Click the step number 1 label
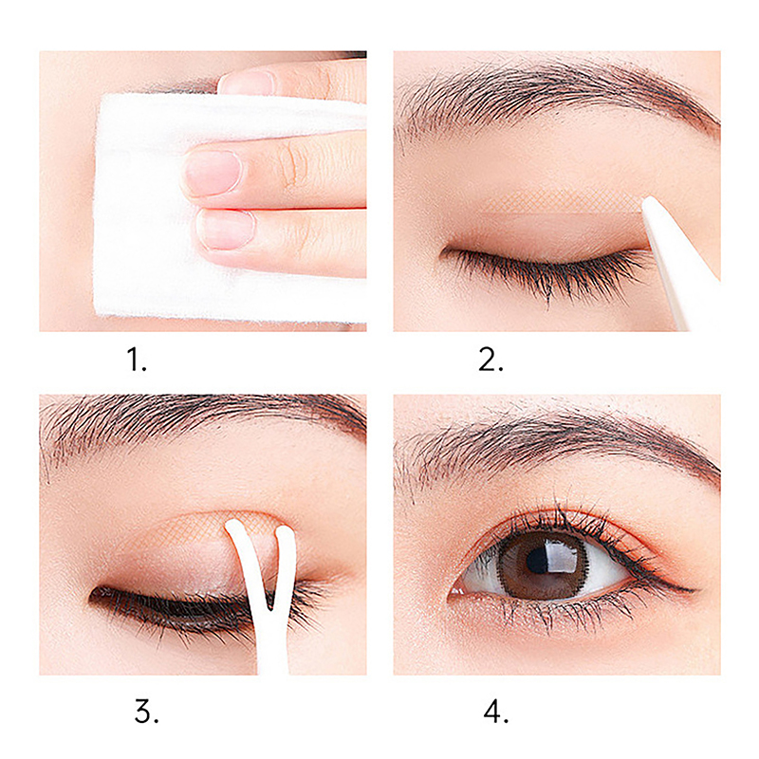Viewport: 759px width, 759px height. coord(136,361)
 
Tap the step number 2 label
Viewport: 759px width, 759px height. coord(490,361)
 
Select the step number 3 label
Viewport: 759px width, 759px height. coord(146,713)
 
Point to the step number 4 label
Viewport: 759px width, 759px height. coord(495,713)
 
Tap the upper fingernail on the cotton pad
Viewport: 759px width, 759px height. coord(213,174)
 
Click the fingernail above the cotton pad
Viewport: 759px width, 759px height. coord(247,83)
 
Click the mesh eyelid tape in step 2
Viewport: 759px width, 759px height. coord(562,202)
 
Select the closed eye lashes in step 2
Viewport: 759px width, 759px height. coord(547,271)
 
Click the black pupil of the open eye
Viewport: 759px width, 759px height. coord(536,561)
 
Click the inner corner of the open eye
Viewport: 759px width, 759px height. coord(453,594)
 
